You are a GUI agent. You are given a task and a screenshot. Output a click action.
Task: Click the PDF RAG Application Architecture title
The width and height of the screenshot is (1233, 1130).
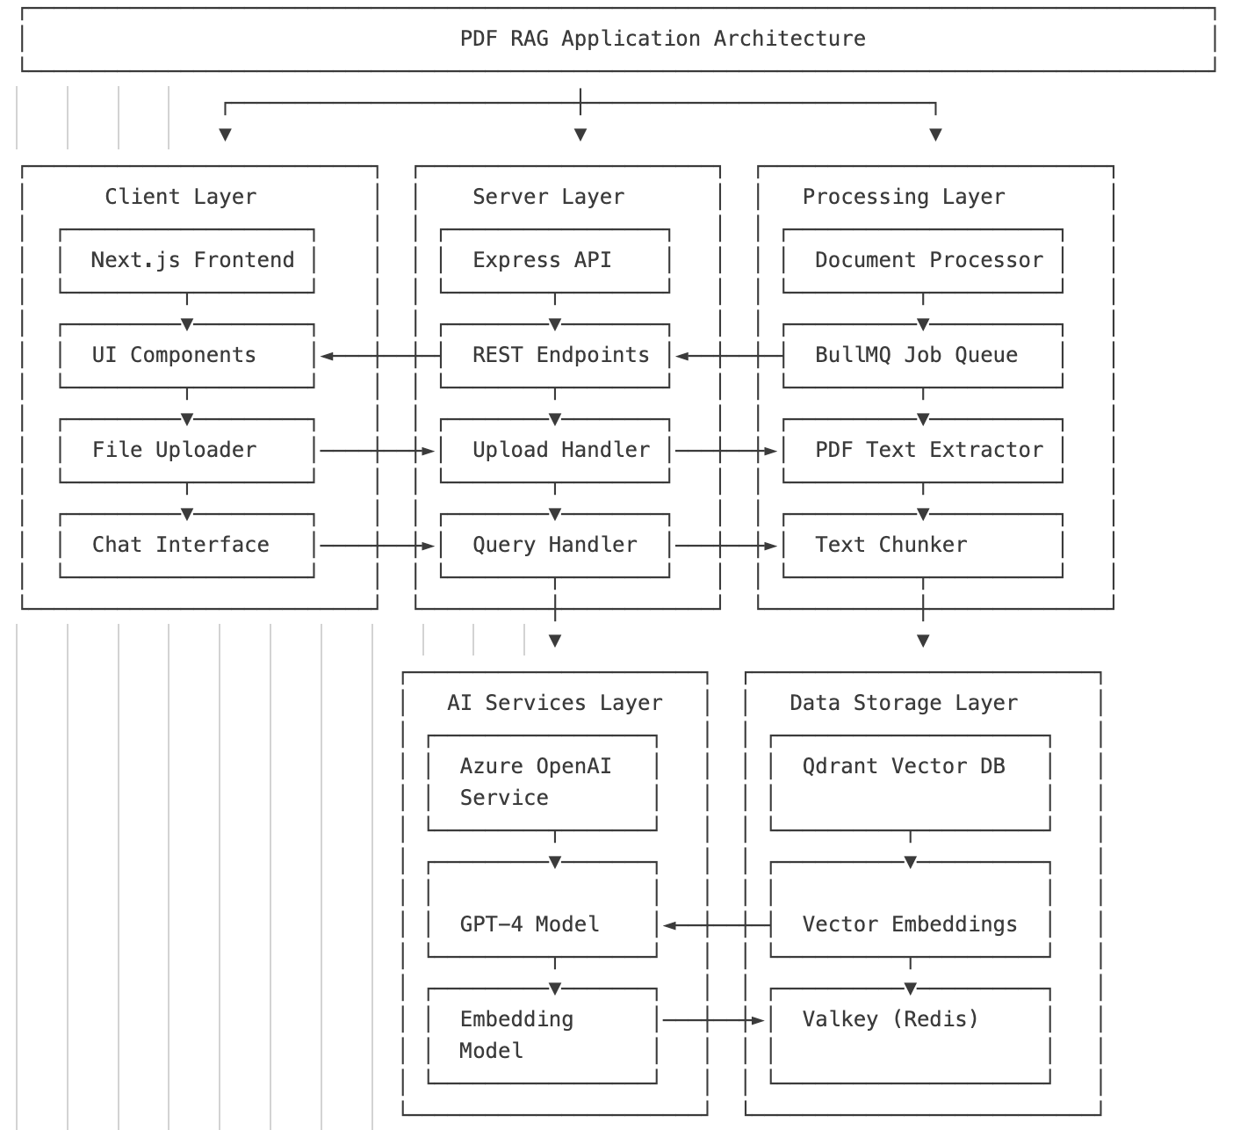[x=662, y=39]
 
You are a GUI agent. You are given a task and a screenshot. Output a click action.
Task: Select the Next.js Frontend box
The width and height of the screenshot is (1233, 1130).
[x=187, y=261]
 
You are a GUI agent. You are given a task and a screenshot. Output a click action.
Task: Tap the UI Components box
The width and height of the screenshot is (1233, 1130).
[x=187, y=356]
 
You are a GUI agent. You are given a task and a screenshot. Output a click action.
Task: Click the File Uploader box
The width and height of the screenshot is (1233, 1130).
[x=187, y=451]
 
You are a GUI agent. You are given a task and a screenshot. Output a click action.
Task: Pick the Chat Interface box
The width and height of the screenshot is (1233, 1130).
[x=187, y=546]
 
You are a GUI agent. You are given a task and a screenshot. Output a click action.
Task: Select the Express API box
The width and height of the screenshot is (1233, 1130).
[x=554, y=261]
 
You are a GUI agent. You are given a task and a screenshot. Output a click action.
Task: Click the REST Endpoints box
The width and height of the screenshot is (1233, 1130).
[x=554, y=356]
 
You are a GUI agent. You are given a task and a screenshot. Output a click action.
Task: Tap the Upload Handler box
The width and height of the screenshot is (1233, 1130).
[x=554, y=451]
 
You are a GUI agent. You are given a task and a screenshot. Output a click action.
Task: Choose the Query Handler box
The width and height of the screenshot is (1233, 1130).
[x=554, y=546]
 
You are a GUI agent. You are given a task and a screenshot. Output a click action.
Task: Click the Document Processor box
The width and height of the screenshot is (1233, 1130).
[x=922, y=261]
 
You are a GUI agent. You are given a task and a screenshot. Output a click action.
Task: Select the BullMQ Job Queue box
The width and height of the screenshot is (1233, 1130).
[x=922, y=356]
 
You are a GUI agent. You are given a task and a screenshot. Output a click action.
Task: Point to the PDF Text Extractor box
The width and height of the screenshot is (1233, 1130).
[x=922, y=451]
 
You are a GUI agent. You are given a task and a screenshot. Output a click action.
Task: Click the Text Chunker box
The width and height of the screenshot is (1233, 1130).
[x=922, y=546]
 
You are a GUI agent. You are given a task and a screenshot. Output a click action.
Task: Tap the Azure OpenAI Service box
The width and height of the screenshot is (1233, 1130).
[x=542, y=782]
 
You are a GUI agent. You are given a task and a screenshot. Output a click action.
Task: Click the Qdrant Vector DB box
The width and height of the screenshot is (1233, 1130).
[x=910, y=782]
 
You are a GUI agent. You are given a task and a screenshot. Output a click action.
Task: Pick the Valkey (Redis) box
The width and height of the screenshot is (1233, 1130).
[x=910, y=1036]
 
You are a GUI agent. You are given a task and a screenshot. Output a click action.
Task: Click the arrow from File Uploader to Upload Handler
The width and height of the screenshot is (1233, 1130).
[x=378, y=451]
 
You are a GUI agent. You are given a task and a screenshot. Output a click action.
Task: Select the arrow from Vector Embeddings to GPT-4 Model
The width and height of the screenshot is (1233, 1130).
[x=716, y=925]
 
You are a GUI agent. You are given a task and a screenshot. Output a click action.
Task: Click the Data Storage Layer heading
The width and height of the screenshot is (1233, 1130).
[x=903, y=703]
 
